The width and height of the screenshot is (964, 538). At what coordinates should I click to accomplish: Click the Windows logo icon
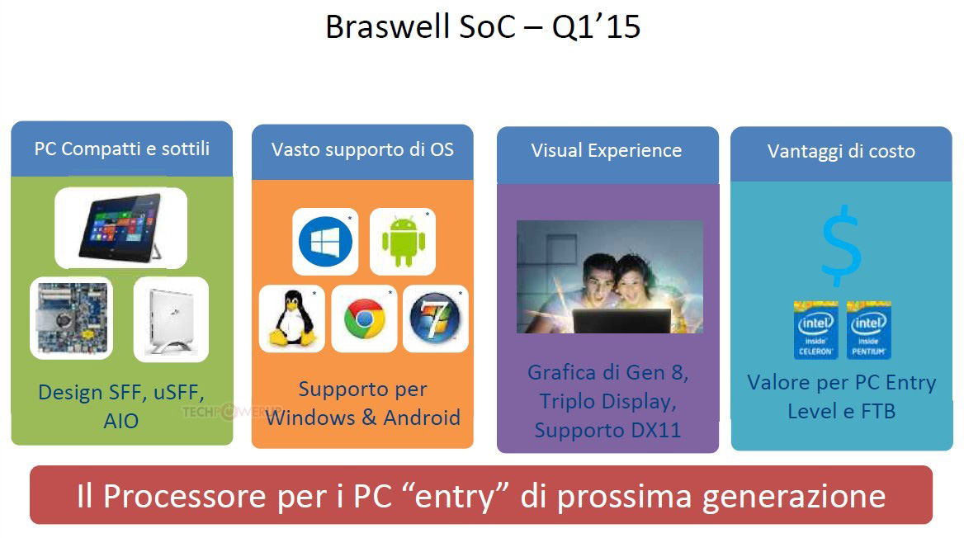[325, 242]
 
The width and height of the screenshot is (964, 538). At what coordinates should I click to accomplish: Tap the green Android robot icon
[404, 241]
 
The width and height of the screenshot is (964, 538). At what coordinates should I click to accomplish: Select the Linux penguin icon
[292, 318]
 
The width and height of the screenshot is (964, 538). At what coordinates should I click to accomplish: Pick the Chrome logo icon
[364, 319]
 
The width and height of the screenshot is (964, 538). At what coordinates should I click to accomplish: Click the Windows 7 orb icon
[435, 318]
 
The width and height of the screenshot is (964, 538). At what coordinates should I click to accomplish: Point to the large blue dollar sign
[841, 246]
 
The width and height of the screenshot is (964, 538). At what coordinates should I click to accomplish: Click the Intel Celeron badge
[815, 329]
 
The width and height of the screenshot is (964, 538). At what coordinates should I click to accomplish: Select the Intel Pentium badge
[869, 329]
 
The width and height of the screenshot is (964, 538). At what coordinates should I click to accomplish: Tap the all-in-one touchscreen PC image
[121, 228]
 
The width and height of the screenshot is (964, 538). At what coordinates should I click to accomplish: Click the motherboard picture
[71, 318]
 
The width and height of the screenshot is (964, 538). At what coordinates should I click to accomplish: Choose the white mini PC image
[171, 319]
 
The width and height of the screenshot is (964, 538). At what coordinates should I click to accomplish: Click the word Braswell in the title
[387, 27]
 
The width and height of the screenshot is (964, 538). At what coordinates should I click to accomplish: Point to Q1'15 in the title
[597, 28]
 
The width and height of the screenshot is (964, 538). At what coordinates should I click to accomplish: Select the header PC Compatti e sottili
[121, 149]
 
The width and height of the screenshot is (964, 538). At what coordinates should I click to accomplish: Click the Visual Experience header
[606, 151]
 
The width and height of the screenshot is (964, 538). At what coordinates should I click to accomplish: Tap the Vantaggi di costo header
[841, 151]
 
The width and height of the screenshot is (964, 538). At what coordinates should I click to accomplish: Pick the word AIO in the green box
[121, 421]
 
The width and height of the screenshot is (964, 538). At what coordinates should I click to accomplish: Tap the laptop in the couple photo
[621, 320]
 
